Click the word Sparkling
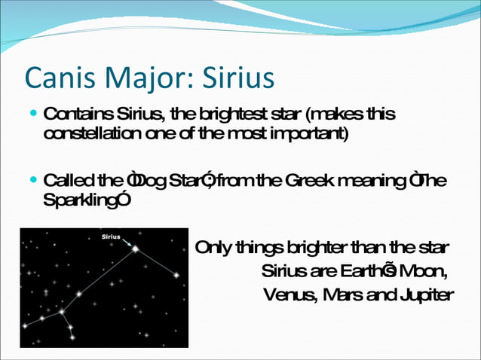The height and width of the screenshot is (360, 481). coord(77,201)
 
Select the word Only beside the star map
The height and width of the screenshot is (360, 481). coord(212,248)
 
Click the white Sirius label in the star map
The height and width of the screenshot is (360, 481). coord(110,236)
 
